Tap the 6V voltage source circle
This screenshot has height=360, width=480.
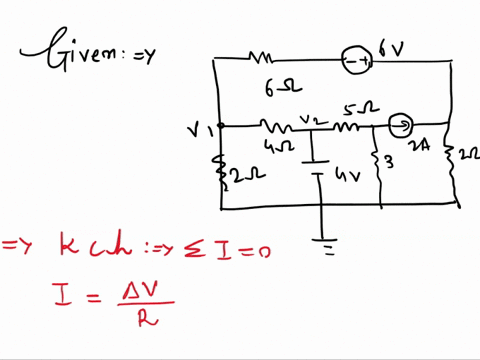(359, 62)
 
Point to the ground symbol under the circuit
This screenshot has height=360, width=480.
(323, 244)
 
